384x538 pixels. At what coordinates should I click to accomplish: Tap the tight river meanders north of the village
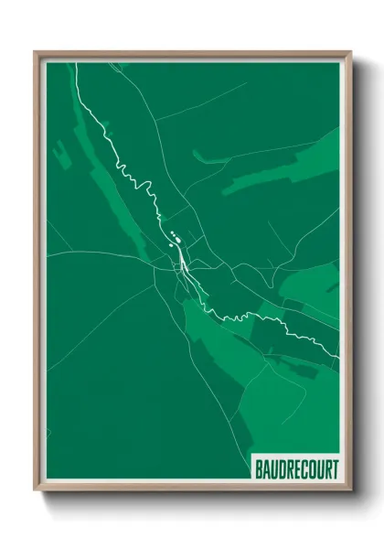click(x=137, y=179)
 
